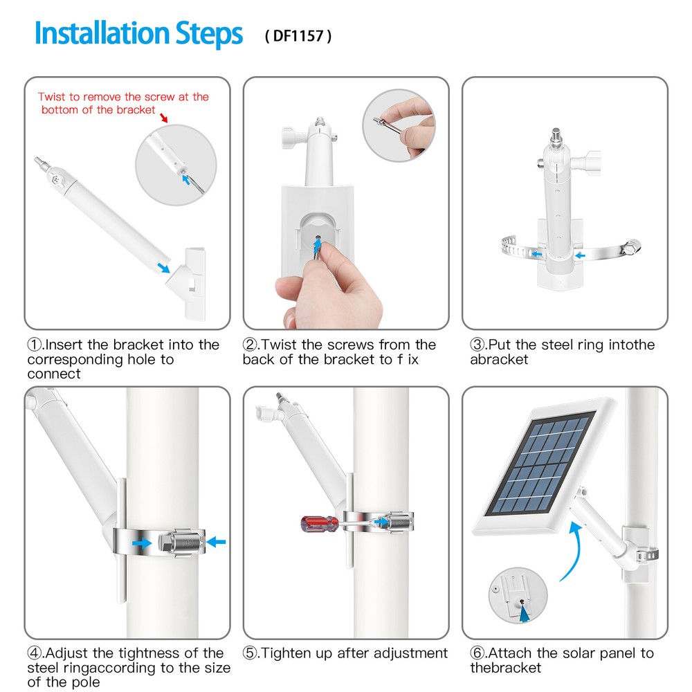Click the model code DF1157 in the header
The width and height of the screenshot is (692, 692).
[298, 36]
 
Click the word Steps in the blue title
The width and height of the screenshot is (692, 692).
[209, 34]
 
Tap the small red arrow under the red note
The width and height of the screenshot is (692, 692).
[164, 118]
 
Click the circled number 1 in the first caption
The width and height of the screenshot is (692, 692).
[35, 344]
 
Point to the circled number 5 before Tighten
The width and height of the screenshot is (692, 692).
[250, 653]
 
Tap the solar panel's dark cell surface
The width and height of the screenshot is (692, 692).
[542, 464]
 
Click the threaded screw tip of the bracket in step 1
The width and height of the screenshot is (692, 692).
[42, 163]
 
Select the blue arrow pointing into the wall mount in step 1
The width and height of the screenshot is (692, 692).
[164, 267]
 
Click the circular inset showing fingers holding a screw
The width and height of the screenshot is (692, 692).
[399, 125]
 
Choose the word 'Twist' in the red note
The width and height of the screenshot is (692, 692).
[52, 97]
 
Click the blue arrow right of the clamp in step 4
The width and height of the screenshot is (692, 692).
[216, 542]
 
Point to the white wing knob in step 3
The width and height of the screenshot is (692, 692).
[586, 163]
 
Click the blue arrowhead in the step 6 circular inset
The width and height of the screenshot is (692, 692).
[525, 613]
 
